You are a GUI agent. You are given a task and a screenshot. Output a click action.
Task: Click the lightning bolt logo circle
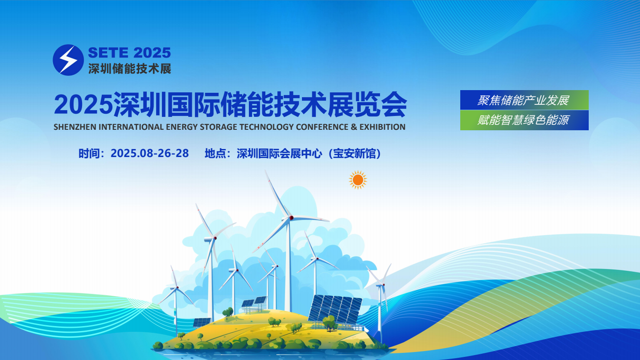click(x=68, y=60)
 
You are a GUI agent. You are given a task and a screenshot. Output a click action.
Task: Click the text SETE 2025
click(x=129, y=53)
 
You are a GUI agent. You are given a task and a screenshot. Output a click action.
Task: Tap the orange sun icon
click(x=358, y=180)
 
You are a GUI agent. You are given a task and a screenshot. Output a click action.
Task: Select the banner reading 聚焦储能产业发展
click(x=524, y=100)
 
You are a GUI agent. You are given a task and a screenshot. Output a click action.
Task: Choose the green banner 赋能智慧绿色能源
click(x=524, y=120)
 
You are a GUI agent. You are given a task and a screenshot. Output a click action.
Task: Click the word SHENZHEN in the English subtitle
click(x=75, y=127)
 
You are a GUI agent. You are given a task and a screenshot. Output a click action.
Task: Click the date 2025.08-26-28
click(x=150, y=153)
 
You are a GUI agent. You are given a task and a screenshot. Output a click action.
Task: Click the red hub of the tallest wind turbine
click(x=291, y=218)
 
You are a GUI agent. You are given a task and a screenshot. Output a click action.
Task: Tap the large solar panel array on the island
click(x=335, y=310)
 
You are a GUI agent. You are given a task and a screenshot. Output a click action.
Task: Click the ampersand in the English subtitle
click(x=354, y=127)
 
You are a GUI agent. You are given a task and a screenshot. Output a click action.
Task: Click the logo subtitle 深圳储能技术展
click(x=130, y=69)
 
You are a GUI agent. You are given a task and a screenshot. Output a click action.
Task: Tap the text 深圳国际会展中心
click(x=280, y=154)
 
